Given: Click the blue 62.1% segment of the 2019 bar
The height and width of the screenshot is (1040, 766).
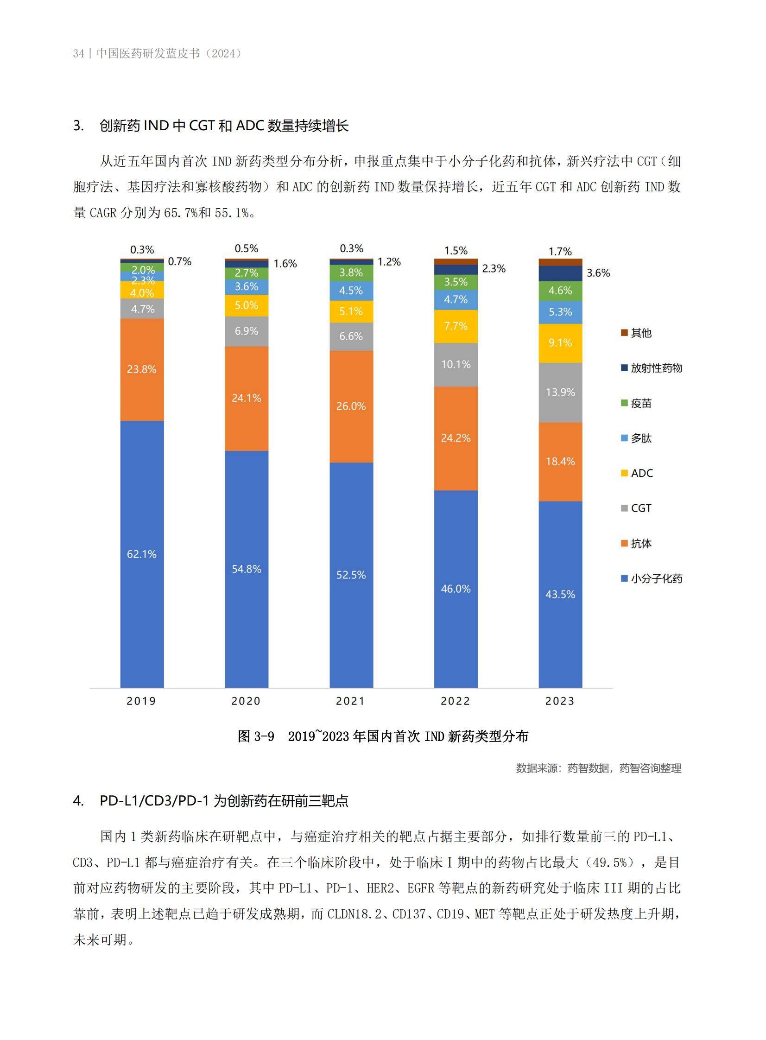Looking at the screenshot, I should [x=142, y=554].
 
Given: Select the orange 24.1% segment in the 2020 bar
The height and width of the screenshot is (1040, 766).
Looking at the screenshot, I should [x=246, y=398].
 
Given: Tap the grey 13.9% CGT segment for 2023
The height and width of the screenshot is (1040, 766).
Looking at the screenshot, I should [x=560, y=392].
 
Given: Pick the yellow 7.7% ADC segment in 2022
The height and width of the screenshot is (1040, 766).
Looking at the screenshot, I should [x=456, y=326].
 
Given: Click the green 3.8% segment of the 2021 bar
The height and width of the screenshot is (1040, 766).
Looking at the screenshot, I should [x=351, y=273].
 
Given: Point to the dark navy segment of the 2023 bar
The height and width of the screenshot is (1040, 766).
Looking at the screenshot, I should [x=560, y=273].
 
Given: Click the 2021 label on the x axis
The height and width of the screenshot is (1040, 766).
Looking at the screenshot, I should [x=350, y=701].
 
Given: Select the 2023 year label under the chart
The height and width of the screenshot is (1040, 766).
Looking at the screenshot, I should [x=560, y=701].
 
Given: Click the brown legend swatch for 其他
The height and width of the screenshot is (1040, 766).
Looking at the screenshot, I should [x=625, y=333].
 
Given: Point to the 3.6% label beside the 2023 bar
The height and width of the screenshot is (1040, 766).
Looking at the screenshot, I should [x=598, y=273].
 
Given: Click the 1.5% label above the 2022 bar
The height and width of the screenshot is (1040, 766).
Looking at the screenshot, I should [x=456, y=251].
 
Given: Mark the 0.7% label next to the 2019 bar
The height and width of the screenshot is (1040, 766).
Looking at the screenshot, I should [x=179, y=261].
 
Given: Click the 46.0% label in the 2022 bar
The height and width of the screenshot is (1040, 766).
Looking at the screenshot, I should [x=456, y=589].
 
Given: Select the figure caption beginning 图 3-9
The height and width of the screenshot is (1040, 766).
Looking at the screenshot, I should [x=382, y=736].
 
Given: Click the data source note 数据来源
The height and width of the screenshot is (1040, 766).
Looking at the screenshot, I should [x=598, y=768].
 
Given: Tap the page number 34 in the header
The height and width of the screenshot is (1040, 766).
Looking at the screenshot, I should [x=78, y=54].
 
